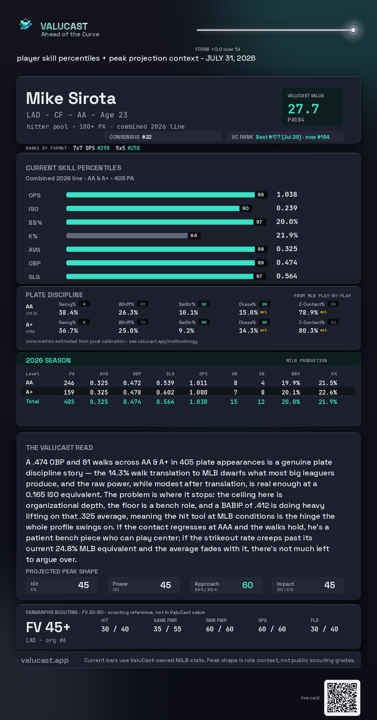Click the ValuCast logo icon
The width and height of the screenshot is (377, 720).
(25, 24)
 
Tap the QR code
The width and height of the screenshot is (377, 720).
(342, 698)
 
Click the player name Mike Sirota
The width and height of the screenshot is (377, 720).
(71, 98)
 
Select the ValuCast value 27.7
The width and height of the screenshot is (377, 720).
(303, 109)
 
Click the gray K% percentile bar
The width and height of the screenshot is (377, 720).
(127, 235)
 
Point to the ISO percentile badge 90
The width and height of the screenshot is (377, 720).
(245, 208)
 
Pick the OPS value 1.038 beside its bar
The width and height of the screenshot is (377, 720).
(287, 194)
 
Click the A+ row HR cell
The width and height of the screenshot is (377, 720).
(236, 392)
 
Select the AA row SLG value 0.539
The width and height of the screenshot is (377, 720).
(165, 383)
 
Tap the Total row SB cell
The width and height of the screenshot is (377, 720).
(261, 402)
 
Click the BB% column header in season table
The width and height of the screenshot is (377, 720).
(296, 374)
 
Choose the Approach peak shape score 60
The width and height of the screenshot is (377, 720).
(247, 585)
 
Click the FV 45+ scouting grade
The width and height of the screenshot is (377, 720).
(48, 627)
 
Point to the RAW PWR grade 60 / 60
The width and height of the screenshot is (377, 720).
(220, 629)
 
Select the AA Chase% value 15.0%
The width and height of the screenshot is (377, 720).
(248, 313)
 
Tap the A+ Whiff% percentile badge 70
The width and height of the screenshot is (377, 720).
(142, 322)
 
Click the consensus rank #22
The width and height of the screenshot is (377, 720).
(147, 137)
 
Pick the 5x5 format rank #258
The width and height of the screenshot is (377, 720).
(134, 148)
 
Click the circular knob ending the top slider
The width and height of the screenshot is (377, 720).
(353, 30)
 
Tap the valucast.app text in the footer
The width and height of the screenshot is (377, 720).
(45, 660)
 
